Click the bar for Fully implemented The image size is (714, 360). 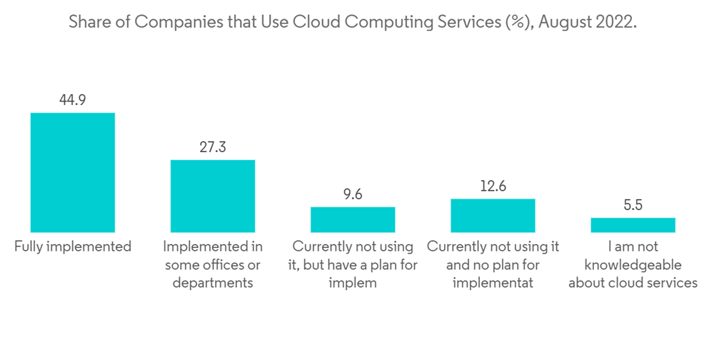pos(72,172)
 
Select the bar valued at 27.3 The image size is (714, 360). pos(212,196)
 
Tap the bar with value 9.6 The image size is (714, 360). pos(353,219)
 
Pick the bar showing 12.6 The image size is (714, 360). pos(493,215)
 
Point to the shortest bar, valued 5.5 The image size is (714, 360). pos(633,225)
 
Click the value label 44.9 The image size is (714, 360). pos(72,101)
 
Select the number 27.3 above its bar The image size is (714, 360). pos(212,148)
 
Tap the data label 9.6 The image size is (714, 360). pos(353,195)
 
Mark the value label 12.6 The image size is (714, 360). pos(493,187)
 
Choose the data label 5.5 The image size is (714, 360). pos(633,206)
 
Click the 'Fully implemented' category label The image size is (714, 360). pos(73,247)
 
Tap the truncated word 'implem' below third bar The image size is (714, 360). pos(353,283)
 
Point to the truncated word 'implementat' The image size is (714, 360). pos(493,283)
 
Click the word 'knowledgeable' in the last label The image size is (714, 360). pos(633,265)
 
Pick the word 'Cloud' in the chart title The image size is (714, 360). pos(318,22)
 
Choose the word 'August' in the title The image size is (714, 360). pos(563,22)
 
